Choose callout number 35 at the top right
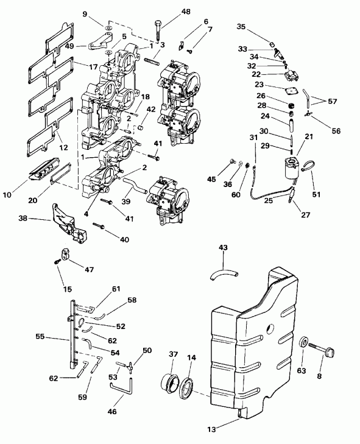(241, 27)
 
